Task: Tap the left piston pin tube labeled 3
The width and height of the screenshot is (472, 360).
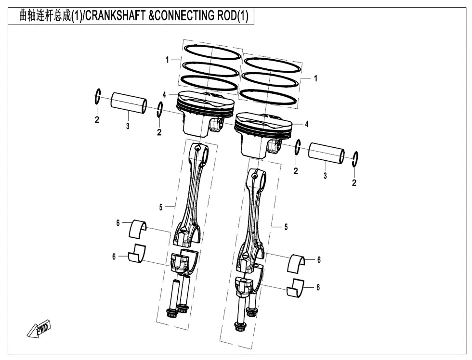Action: tap(129, 103)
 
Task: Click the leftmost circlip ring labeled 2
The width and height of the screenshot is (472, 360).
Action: tap(97, 97)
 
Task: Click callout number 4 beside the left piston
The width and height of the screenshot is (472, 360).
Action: tap(164, 95)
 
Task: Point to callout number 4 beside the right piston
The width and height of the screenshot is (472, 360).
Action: tap(306, 124)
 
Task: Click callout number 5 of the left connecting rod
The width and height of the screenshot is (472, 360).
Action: tap(161, 207)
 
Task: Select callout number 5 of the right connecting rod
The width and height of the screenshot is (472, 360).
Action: tap(286, 227)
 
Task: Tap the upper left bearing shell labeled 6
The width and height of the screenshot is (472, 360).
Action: tap(140, 228)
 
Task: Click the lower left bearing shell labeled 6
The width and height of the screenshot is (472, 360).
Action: tap(137, 255)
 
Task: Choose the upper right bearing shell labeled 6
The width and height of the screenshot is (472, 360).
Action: tap(298, 262)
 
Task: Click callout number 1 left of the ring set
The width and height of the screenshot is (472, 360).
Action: tap(168, 60)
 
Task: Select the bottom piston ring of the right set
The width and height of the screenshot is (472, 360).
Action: tap(268, 95)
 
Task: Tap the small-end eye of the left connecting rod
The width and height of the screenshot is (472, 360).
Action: tap(202, 153)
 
